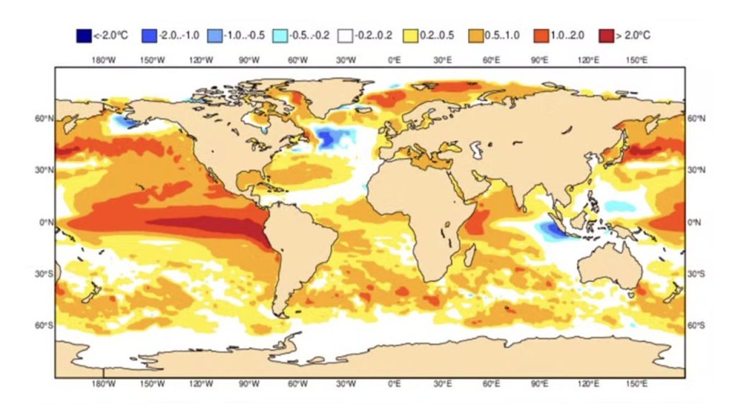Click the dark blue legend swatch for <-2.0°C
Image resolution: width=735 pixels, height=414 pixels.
[x=83, y=34]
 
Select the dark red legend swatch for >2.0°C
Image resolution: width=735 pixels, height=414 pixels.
[x=609, y=34]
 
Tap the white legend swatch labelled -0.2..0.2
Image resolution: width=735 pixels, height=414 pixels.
[x=346, y=34]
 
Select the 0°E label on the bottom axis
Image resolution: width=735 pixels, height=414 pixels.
[x=394, y=385]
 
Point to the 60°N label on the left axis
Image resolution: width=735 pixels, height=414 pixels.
[x=44, y=119]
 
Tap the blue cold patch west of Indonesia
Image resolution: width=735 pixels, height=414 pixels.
[x=551, y=230]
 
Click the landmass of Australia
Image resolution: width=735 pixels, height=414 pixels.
[x=607, y=266]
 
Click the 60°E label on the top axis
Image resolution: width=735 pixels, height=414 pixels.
[x=491, y=59]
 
